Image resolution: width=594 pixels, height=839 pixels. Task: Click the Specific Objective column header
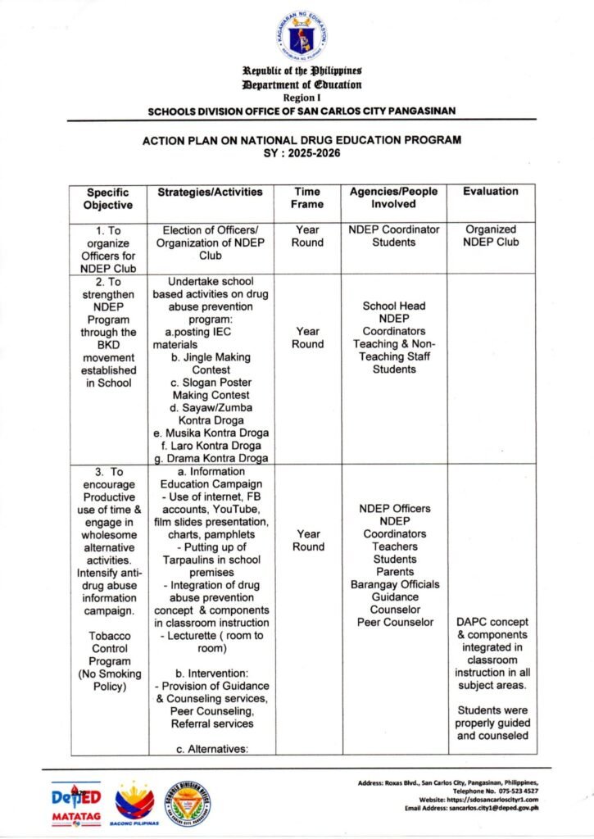[x=108, y=198]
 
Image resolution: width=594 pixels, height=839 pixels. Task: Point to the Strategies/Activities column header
[x=211, y=192]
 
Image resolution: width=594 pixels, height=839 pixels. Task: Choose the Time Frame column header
[x=307, y=198]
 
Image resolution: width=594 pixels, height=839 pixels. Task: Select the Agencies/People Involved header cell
[x=393, y=198]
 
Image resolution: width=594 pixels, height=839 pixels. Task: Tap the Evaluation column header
[x=491, y=192]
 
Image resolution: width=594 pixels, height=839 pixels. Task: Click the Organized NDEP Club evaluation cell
[x=491, y=236]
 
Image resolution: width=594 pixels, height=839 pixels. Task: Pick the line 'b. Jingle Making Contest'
[x=211, y=364]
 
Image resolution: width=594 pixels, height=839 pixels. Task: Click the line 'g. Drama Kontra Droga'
[x=211, y=458]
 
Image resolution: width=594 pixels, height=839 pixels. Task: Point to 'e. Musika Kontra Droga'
[x=211, y=433]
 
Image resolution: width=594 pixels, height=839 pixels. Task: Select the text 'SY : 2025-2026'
[x=302, y=152]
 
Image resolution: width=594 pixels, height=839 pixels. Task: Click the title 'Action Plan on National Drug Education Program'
[x=302, y=140]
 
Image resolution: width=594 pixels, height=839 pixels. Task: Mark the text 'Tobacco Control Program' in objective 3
[x=110, y=648]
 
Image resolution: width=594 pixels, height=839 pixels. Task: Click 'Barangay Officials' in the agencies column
[x=395, y=584]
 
